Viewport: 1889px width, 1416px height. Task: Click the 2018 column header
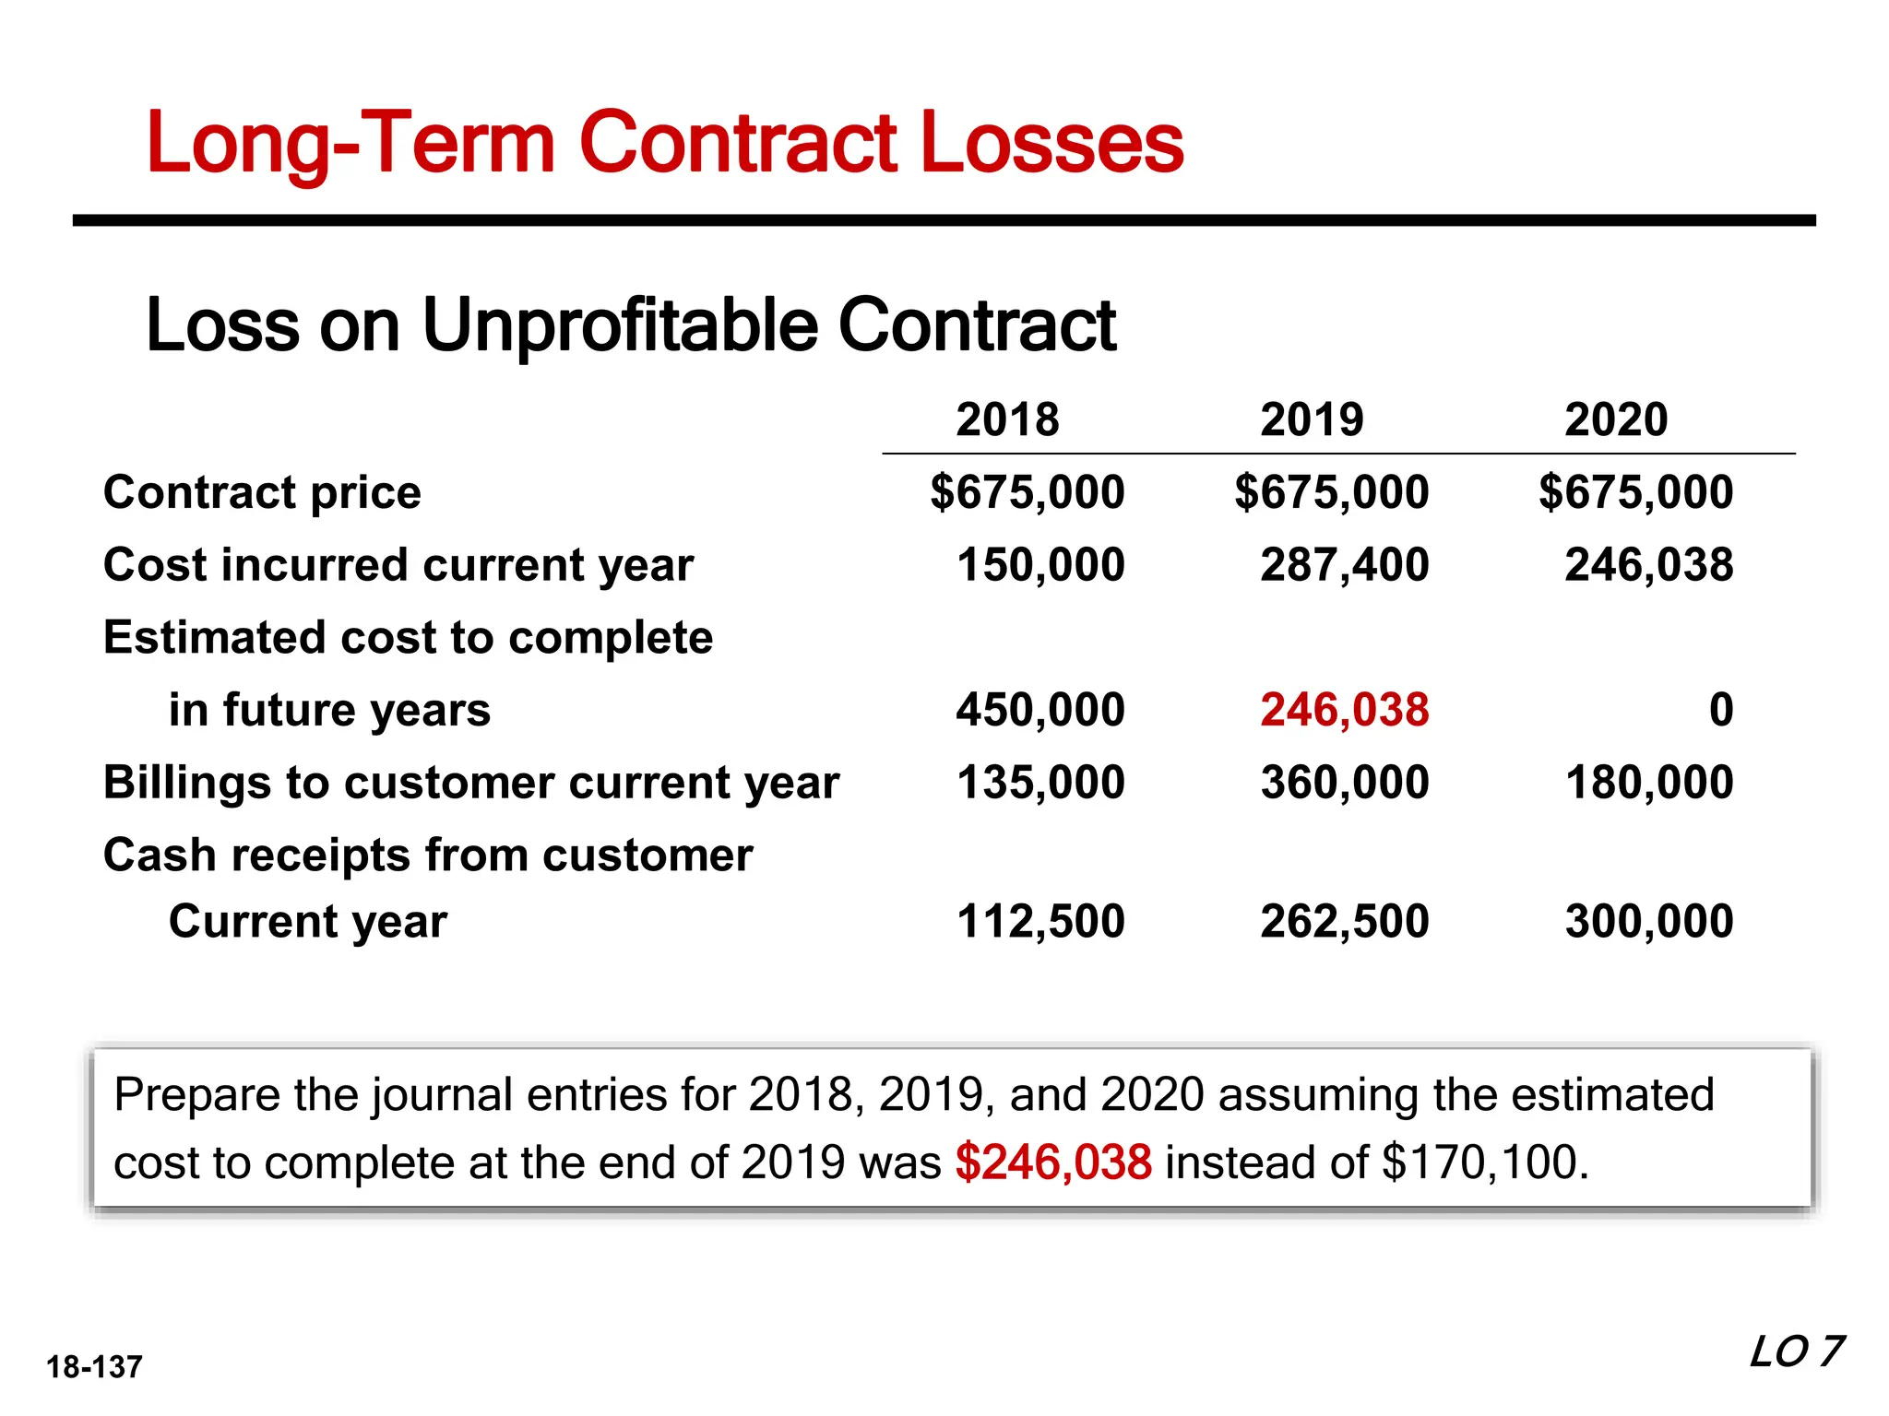1007,419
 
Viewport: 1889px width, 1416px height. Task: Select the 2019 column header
1312,419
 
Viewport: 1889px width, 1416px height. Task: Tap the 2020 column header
1616,419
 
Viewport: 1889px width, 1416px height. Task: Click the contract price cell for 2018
1028,491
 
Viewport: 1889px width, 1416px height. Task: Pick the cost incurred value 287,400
1345,564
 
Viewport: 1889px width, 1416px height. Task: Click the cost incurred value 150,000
1040,564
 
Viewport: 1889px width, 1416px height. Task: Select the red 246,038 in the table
1345,710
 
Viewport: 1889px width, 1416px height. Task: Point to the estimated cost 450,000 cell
1040,710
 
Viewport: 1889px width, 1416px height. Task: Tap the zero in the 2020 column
1720,710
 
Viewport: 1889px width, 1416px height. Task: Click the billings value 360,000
1345,783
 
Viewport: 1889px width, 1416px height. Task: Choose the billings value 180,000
1649,783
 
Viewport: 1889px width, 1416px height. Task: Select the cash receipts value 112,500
1040,921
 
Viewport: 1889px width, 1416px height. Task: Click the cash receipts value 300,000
1649,921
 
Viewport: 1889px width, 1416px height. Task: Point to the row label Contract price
262,492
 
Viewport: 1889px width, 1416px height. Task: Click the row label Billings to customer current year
470,784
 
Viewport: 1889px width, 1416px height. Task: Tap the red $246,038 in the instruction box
1053,1162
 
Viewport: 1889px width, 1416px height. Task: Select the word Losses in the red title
1051,143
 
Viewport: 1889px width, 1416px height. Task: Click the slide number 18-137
94,1367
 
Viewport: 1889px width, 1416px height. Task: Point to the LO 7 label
1795,1352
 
